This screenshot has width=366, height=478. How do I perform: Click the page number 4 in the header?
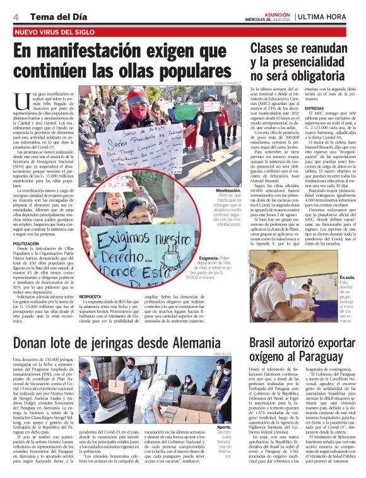click(x=15, y=16)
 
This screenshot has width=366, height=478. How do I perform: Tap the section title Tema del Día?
click(x=48, y=16)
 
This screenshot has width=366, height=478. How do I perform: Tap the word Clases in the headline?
click(x=273, y=47)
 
